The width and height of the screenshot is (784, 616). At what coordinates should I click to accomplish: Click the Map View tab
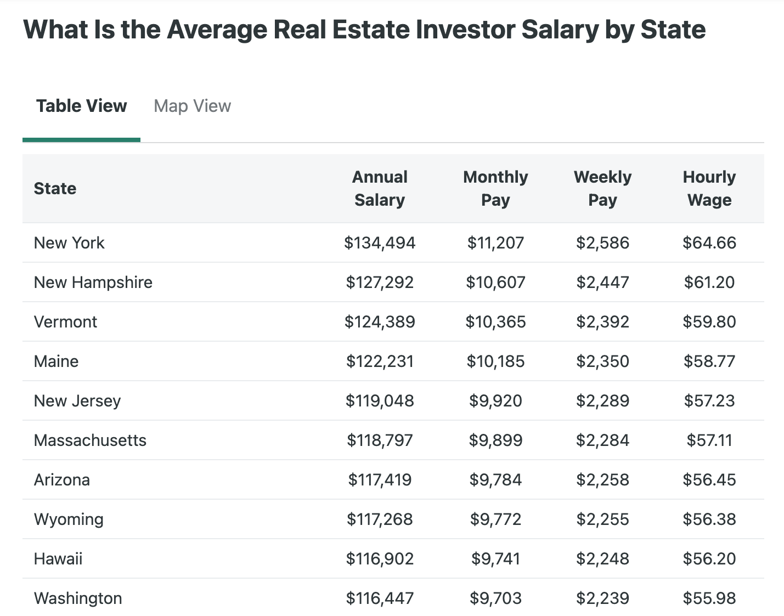pos(192,106)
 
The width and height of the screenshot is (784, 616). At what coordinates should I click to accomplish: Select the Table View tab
pos(81,106)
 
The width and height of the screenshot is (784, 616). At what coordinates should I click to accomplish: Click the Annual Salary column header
pos(380,188)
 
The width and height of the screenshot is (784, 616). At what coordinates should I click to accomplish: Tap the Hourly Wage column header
pos(709,188)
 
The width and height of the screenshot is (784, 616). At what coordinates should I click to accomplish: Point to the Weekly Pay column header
pos(602,188)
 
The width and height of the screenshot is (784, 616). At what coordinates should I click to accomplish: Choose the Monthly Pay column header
pos(495,188)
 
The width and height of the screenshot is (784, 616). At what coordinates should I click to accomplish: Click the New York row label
pos(69,242)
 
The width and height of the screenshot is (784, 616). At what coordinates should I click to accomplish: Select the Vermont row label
pos(65,321)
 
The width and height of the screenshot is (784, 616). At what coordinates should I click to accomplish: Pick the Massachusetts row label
pos(90,440)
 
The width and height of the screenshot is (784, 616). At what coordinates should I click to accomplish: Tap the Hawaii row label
pos(58,558)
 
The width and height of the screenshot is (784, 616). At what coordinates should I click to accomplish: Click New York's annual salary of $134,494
pos(380,242)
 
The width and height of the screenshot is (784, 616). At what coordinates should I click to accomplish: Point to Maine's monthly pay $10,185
pos(495,361)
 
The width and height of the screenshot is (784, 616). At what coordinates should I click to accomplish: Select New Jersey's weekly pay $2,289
pos(602,400)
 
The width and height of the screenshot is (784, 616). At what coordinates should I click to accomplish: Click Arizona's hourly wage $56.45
pos(709,479)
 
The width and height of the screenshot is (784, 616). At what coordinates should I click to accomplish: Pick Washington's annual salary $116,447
pos(380,598)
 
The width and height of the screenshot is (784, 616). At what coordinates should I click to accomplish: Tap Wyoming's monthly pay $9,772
pos(495,519)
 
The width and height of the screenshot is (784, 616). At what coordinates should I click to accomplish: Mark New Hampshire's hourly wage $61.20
pos(709,282)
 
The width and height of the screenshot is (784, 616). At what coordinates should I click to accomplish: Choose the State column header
pos(55,188)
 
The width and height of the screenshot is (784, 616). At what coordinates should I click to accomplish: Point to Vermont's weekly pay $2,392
pos(602,321)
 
